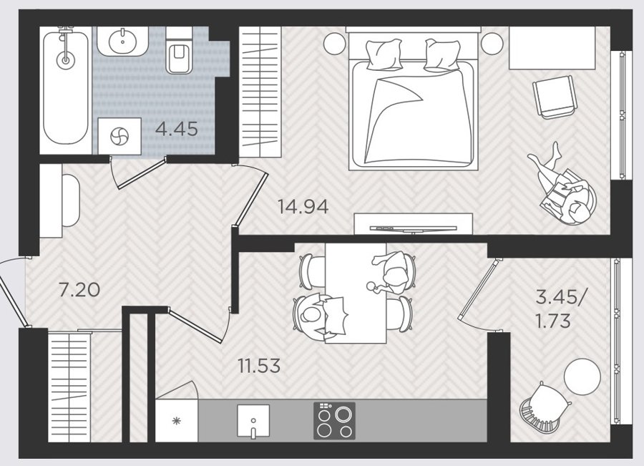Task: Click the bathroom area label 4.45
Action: point(177,130)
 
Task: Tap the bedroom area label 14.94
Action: point(303,206)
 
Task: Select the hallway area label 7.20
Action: point(79,290)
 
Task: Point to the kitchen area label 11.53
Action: point(259,365)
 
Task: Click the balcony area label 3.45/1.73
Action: point(562,309)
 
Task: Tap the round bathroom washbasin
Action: point(122,41)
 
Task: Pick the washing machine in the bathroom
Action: point(119,136)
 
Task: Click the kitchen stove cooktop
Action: point(334,420)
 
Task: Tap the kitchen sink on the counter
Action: point(253,421)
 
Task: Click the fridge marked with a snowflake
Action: point(177,420)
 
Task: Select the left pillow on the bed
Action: point(384,54)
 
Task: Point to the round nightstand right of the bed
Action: point(492,44)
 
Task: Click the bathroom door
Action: point(141,175)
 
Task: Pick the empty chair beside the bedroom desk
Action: point(553,98)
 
